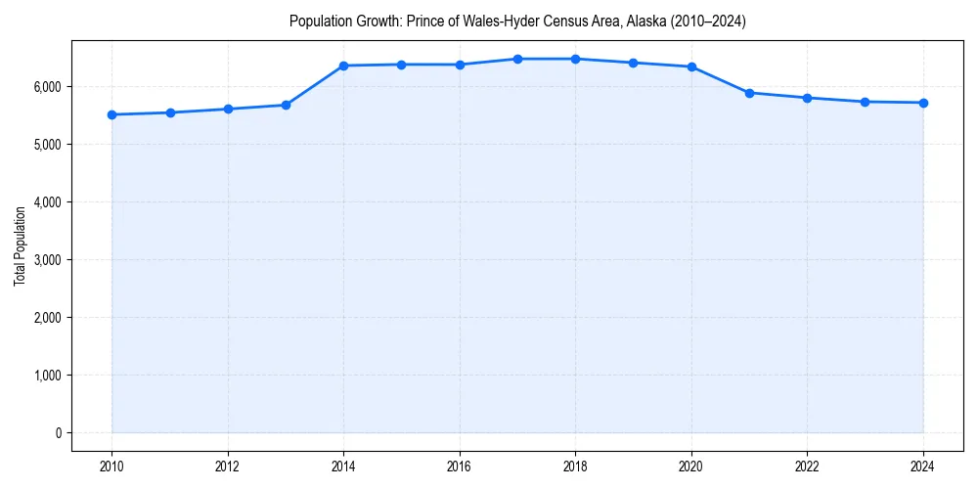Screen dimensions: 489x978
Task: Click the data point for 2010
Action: [x=111, y=114]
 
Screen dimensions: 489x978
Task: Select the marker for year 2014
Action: [x=343, y=66]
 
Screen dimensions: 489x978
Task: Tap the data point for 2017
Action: [x=517, y=59]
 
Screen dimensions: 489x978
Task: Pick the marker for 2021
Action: [x=749, y=93]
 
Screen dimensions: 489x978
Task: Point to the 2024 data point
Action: [x=923, y=103]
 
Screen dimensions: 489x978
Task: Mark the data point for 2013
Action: [x=286, y=105]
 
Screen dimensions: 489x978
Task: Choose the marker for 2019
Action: [x=634, y=63]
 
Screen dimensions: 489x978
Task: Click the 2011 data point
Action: [x=170, y=112]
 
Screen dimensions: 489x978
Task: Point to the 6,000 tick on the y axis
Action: [x=46, y=87]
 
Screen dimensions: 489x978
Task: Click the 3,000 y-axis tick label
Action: [x=46, y=260]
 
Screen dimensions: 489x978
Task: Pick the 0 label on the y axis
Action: [x=57, y=433]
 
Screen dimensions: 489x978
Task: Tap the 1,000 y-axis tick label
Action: [x=46, y=376]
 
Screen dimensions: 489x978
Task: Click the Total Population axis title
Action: [x=20, y=245]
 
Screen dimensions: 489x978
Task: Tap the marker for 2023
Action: [x=866, y=102]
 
